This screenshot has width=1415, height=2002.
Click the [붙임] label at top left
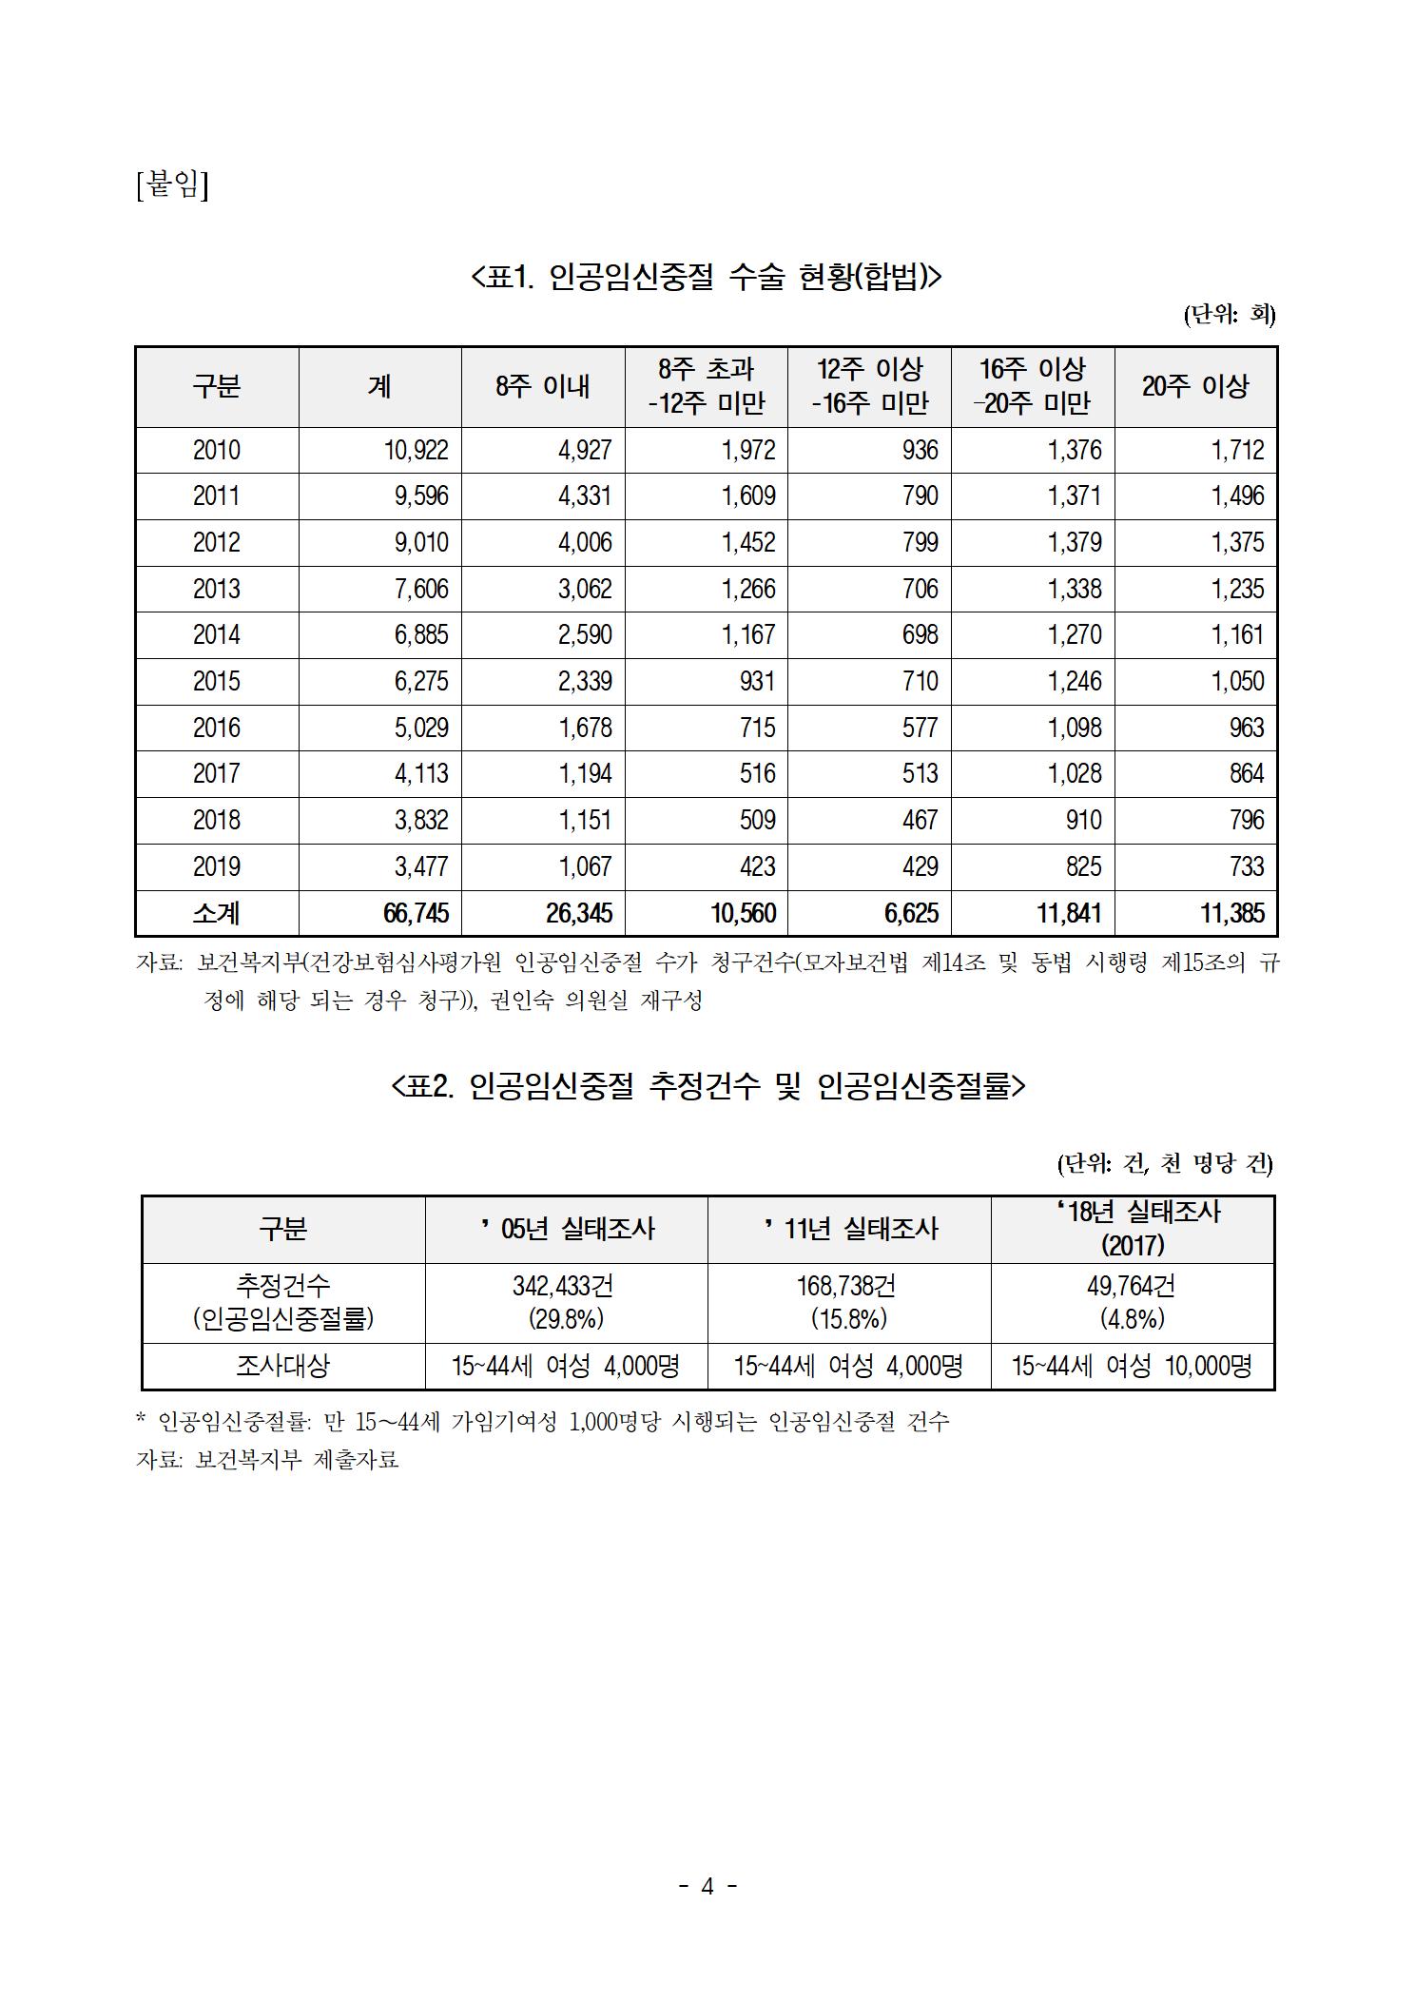tap(172, 184)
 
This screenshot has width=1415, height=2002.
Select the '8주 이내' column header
tap(543, 386)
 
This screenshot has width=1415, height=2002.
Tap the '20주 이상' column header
tap(1194, 386)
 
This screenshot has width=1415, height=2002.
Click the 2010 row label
tap(217, 450)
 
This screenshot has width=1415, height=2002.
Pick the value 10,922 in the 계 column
tap(417, 450)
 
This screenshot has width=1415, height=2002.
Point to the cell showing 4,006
tap(585, 542)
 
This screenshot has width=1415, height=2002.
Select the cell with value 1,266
tap(747, 589)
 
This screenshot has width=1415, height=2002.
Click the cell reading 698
tap(920, 634)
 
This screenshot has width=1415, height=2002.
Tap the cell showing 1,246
tap(1075, 681)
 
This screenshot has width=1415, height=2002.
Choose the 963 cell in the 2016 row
tap(1246, 728)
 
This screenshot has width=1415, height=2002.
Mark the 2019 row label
tap(217, 866)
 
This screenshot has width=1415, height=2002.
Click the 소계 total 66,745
tap(416, 914)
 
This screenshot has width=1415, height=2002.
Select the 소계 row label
tap(217, 914)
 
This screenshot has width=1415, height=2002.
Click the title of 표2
tap(707, 1085)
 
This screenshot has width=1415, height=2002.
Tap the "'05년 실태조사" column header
tap(567, 1229)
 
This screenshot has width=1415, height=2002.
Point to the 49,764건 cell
tap(1132, 1286)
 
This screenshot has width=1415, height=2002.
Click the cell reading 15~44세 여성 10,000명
tap(1132, 1366)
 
